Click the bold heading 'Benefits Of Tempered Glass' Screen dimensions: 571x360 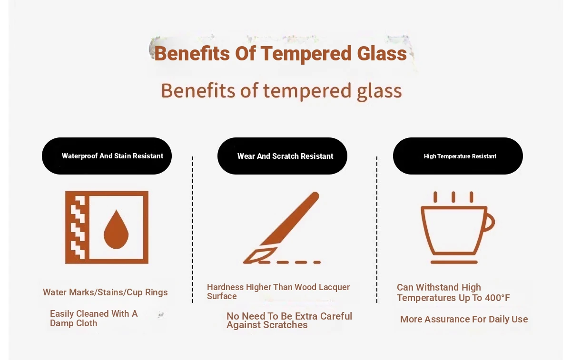pyautogui.click(x=280, y=54)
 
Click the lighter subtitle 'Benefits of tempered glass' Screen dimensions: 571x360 pyautogui.click(x=281, y=91)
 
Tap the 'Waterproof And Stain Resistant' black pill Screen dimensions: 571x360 pyautogui.click(x=107, y=156)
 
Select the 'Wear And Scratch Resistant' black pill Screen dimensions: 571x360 pyautogui.click(x=282, y=156)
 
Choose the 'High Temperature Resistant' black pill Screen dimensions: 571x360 pyautogui.click(x=458, y=156)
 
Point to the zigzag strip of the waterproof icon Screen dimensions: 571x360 pyautogui.click(x=78, y=227)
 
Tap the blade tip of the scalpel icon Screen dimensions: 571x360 pyautogui.click(x=244, y=263)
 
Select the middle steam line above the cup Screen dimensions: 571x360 pyautogui.click(x=453, y=197)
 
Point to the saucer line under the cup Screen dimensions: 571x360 pyautogui.click(x=454, y=262)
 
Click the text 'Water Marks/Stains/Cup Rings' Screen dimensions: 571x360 pyautogui.click(x=105, y=292)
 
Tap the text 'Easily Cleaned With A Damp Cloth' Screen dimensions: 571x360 pyautogui.click(x=94, y=318)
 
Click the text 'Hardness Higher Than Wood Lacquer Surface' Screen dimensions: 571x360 pyautogui.click(x=278, y=292)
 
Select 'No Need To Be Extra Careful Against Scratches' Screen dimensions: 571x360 pyautogui.click(x=289, y=320)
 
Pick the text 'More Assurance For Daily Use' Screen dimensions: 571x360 pyautogui.click(x=464, y=319)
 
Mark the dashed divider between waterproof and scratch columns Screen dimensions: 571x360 pyautogui.click(x=193, y=230)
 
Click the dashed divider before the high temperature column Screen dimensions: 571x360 pyautogui.click(x=377, y=230)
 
